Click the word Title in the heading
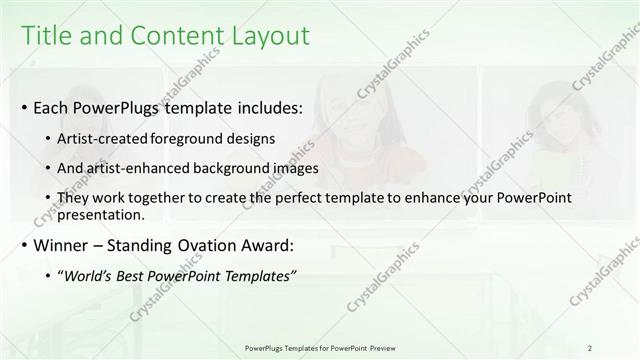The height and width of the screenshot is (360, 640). (45, 36)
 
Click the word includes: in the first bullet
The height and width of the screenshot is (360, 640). (264, 107)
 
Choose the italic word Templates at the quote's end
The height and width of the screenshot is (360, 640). (261, 275)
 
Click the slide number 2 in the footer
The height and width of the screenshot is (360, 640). (590, 347)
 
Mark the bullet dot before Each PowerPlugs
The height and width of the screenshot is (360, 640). (25, 107)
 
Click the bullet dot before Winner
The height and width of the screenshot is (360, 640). (25, 245)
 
